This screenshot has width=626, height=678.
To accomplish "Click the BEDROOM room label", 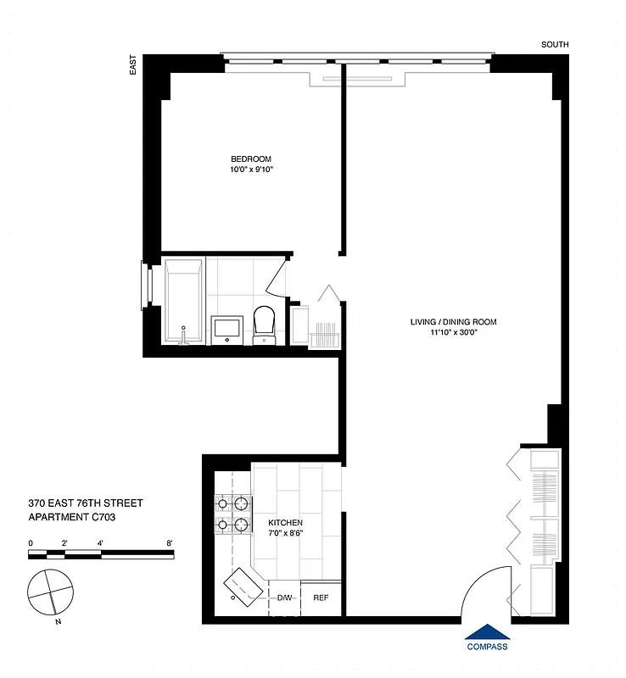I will coord(250,159).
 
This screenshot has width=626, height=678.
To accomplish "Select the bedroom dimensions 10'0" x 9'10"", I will coord(250,170).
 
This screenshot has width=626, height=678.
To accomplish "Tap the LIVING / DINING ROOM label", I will coord(453,321).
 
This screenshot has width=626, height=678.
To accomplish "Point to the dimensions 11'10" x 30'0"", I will coord(453,332).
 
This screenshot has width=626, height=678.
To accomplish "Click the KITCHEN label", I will coord(287,522).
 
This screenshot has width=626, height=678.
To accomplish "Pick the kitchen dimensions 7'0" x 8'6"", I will coord(287,533).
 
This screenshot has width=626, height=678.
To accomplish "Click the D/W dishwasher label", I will coord(285,598).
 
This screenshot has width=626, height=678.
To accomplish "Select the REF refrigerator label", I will coord(321,598).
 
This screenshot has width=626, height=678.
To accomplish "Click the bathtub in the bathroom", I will coord(184,303).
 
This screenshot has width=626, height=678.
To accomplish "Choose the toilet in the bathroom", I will coord(265,324).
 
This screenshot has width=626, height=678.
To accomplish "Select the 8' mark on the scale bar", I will coord(170,542).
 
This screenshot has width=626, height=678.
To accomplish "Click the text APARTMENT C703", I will coord(71,516).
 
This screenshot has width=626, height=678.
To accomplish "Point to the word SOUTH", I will coord(556,45).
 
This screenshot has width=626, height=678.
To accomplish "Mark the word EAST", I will coord(133,68).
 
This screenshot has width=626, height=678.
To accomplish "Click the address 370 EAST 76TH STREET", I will coord(85,503).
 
